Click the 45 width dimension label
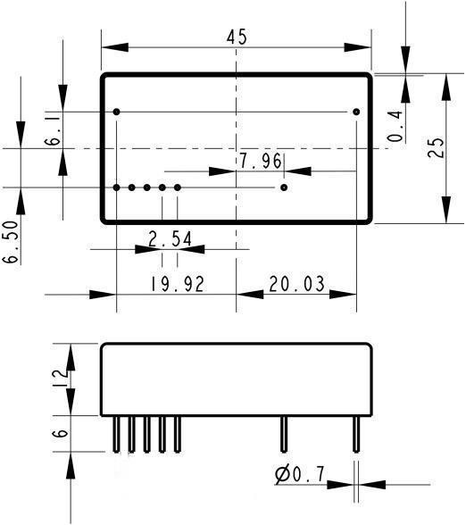tap(237, 37)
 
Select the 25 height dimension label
tap(437, 147)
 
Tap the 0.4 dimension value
tap(395, 126)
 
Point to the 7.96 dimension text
tap(261, 161)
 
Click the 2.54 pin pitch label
tap(171, 239)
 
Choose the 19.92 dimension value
tap(177, 284)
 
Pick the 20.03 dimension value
tap(296, 284)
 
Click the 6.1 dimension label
tap(53, 131)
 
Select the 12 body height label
tap(61, 379)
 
